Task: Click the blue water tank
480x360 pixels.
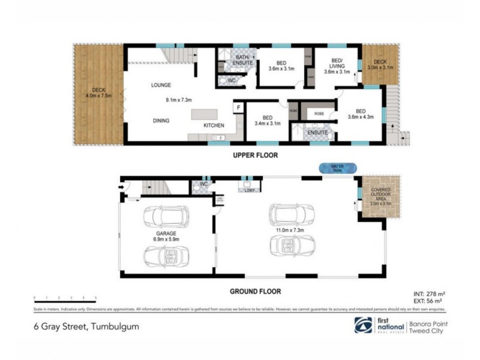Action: pyautogui.click(x=338, y=168)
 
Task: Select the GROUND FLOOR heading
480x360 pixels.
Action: pyautogui.click(x=255, y=292)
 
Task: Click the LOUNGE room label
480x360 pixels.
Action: pyautogui.click(x=161, y=85)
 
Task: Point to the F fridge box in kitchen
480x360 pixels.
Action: pyautogui.click(x=238, y=108)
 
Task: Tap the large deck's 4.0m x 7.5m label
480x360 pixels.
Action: pyautogui.click(x=99, y=94)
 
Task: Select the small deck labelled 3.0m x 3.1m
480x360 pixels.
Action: pyautogui.click(x=380, y=65)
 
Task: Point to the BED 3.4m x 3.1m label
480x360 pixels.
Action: pyautogui.click(x=268, y=121)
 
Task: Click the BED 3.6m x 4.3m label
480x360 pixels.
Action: pyautogui.click(x=361, y=114)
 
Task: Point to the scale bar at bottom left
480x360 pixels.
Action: pyautogui.click(x=66, y=298)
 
